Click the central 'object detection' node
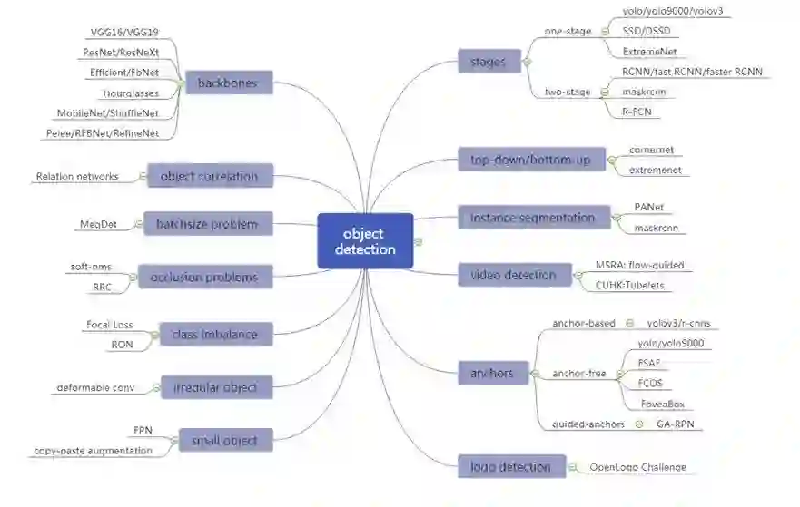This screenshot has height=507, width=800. pos(365,240)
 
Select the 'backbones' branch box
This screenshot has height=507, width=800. pos(227,83)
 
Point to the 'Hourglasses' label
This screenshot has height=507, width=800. pos(130,93)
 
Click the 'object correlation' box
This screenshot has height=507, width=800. pos(209,176)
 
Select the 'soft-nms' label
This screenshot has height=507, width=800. pos(91,267)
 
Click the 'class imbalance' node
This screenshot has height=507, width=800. pos(214,335)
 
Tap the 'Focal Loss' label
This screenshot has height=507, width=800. pos(109,324)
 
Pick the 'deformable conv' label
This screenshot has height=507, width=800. pos(95,388)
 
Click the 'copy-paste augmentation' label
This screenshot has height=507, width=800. pos(94,450)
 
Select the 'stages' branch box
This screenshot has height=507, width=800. pos(488,63)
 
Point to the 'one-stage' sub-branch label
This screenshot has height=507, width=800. pos(568,32)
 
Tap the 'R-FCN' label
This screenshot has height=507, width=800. pos(636,112)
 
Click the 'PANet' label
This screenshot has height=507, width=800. pos(650,208)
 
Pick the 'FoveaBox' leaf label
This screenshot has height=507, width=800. pos(660,404)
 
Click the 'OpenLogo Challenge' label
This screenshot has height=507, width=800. pos(637,467)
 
